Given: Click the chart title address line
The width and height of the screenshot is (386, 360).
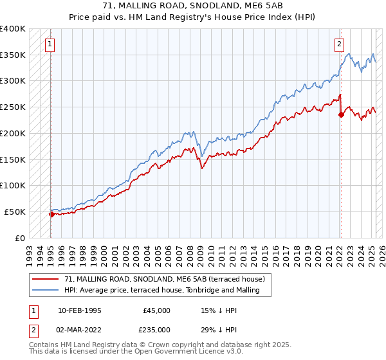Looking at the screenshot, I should (x=193, y=6).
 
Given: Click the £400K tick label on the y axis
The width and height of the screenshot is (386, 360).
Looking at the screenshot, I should (x=12, y=29).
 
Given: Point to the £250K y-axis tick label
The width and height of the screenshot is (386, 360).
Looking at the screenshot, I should (x=12, y=107).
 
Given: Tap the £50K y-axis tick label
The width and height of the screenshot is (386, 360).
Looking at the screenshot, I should (x=14, y=212).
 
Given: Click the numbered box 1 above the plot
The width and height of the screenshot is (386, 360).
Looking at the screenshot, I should (x=50, y=44).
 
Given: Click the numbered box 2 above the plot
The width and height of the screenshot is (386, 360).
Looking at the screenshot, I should (x=339, y=44).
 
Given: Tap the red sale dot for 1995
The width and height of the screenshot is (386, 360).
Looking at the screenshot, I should (x=51, y=214).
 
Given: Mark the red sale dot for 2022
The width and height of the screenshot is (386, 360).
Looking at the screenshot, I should (x=341, y=115).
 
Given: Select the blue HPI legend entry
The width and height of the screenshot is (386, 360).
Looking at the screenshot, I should (x=161, y=290).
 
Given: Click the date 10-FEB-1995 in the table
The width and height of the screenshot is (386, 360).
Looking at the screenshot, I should (x=79, y=310).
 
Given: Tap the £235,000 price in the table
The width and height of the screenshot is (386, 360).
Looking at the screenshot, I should (x=156, y=330).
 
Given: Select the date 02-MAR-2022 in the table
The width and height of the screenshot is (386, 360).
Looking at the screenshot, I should (x=79, y=330).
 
